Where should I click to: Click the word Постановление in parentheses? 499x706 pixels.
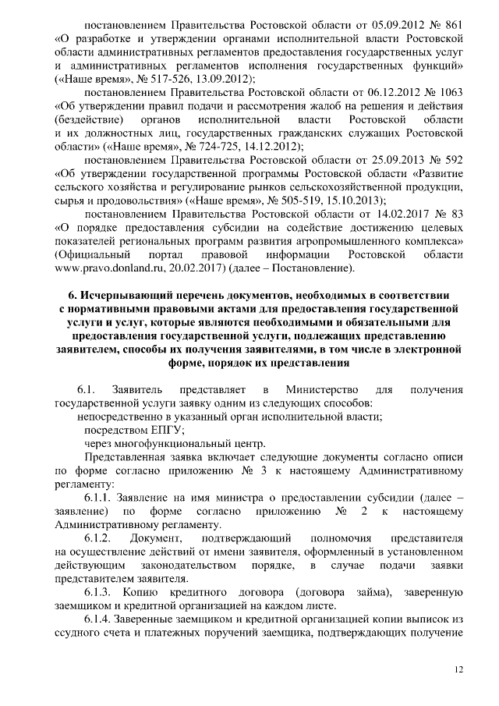[x=313, y=268]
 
